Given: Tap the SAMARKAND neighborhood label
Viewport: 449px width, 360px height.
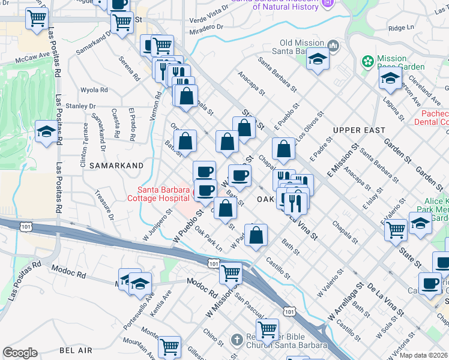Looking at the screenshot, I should pos(116,165).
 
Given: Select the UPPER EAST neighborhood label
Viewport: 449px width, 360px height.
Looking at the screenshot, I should pos(359,130).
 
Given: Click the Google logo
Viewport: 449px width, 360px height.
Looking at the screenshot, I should pos(20,353).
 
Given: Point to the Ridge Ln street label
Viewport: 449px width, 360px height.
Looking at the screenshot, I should pos(401,28).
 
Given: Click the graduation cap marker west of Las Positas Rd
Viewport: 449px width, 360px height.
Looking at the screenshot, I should pos(46,132).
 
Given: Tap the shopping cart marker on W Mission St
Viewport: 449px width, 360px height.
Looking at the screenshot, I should pos(231,273).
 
